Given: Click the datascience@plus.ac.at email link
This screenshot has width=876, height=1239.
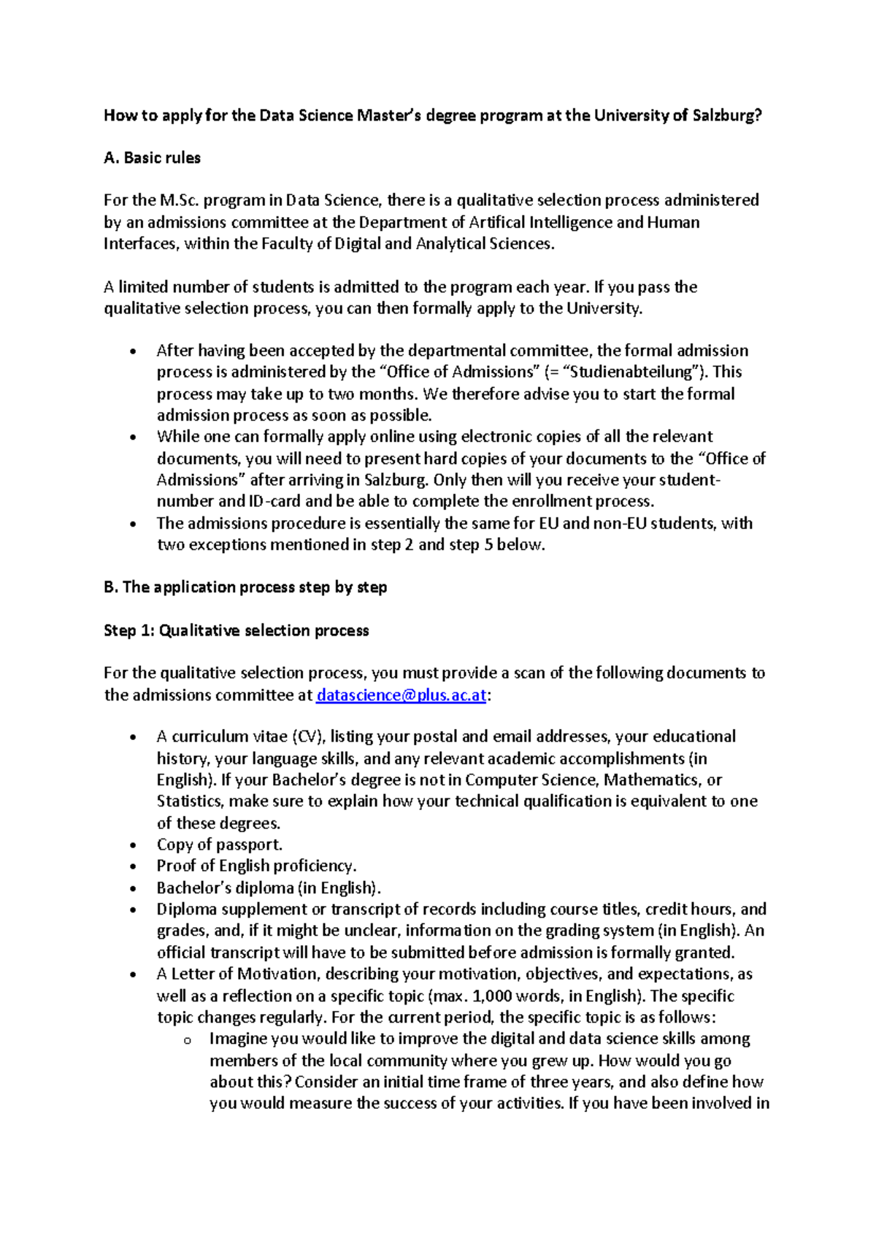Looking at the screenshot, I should (401, 695).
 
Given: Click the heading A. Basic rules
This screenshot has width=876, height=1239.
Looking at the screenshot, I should (152, 158).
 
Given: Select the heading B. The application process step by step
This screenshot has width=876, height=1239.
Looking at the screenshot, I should (245, 587).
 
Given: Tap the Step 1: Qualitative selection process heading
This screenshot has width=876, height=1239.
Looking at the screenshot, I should (237, 630).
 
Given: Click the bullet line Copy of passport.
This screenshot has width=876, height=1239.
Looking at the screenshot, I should (219, 845).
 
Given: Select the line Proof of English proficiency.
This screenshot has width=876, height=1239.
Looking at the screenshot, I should (256, 866).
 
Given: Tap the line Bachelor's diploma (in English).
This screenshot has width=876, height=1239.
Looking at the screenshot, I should (269, 888).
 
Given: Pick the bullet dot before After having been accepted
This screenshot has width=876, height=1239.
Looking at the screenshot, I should (132, 352).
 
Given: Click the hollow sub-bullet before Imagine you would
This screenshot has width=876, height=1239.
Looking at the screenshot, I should (187, 1040).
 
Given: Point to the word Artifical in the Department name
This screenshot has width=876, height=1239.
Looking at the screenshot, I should (496, 222).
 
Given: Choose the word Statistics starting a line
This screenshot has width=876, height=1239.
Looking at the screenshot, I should (190, 801).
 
